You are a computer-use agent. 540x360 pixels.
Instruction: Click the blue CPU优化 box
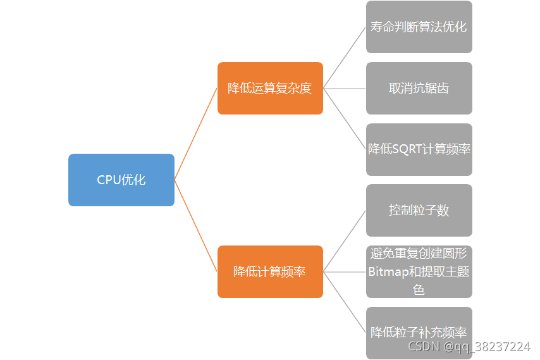pos(121,180)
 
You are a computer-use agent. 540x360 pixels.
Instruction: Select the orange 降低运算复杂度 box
pos(270,88)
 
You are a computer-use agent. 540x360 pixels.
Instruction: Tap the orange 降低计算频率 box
pos(270,271)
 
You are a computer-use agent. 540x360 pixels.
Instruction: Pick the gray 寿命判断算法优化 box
pos(419,27)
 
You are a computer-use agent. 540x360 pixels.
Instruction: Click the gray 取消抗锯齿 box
pos(419,88)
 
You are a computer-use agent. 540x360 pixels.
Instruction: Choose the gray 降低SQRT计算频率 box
pos(419,149)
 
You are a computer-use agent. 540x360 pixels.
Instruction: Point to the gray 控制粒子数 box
pos(419,210)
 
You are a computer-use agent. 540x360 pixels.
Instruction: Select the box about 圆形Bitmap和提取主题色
pos(419,271)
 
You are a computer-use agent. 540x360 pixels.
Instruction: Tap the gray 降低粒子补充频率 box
pos(419,332)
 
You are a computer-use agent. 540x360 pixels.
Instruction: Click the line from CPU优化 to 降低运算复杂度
pos(195,134)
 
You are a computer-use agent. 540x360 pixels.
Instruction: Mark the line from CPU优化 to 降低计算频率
pos(195,226)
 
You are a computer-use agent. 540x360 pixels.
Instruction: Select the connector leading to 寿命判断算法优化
pos(345,58)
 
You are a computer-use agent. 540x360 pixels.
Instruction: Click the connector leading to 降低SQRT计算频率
pos(345,118)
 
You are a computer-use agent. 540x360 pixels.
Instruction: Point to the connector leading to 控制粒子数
pos(345,241)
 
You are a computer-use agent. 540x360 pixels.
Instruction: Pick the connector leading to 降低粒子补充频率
pos(345,302)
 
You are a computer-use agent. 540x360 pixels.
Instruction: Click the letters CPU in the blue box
pos(108,180)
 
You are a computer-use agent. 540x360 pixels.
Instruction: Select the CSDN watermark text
pos(423,346)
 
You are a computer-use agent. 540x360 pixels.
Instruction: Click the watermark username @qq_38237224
pos(487,347)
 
